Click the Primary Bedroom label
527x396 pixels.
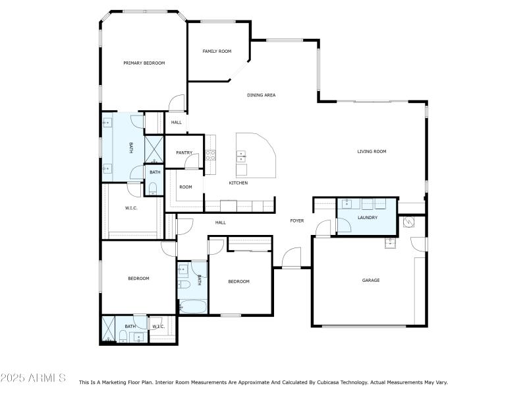(144, 63)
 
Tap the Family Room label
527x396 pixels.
(217, 51)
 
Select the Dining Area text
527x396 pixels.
(261, 95)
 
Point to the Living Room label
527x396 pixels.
(372, 151)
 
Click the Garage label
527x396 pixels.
(371, 280)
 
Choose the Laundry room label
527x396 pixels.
(367, 217)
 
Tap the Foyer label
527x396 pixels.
(297, 220)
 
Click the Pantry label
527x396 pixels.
(184, 152)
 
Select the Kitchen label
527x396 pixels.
(238, 183)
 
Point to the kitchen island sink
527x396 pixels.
(241, 156)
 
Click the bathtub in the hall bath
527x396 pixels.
(192, 307)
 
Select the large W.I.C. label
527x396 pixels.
(130, 209)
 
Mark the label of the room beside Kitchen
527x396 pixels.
(186, 187)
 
